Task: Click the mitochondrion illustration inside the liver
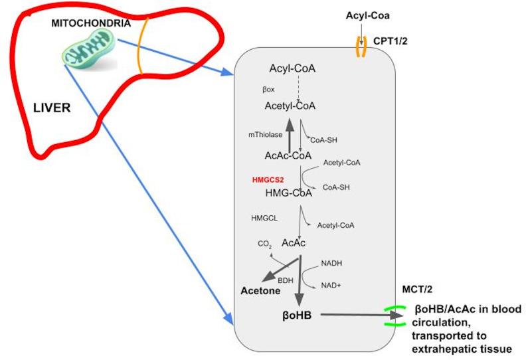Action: pos(90,51)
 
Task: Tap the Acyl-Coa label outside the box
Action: pos(362,14)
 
